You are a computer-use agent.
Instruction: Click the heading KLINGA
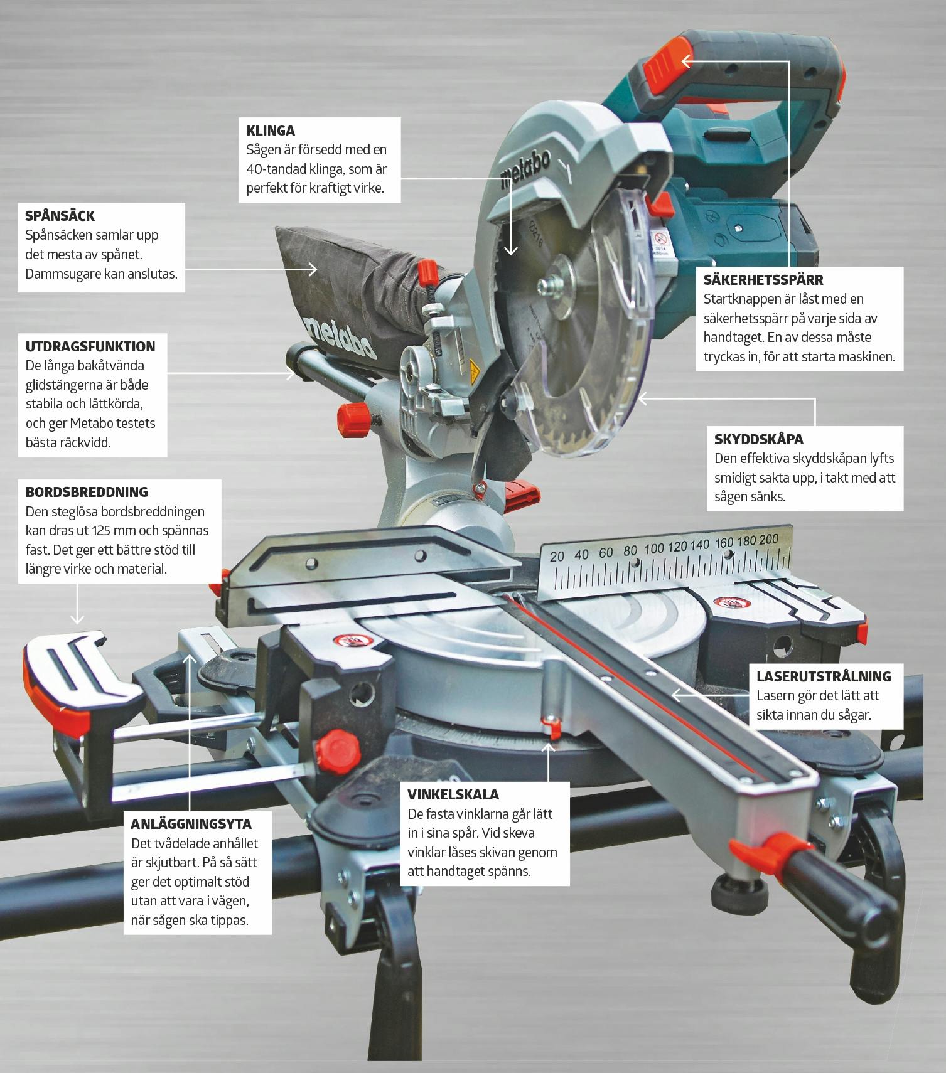(x=271, y=131)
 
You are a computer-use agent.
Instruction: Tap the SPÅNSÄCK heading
(x=60, y=216)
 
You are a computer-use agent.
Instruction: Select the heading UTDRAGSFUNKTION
(x=90, y=346)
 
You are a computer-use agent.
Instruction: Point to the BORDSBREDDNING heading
(x=87, y=492)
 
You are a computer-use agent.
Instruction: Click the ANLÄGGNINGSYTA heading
(x=191, y=823)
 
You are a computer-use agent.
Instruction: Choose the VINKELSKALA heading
(x=453, y=794)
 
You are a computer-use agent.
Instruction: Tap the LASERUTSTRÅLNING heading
(x=824, y=676)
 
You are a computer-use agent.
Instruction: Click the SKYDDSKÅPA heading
(x=759, y=439)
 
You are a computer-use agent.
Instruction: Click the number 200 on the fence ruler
(x=768, y=540)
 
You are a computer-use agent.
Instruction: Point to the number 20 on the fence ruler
(x=557, y=557)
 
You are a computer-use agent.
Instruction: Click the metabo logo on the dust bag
(x=339, y=335)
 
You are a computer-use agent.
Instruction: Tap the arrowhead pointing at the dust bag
(x=312, y=269)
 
